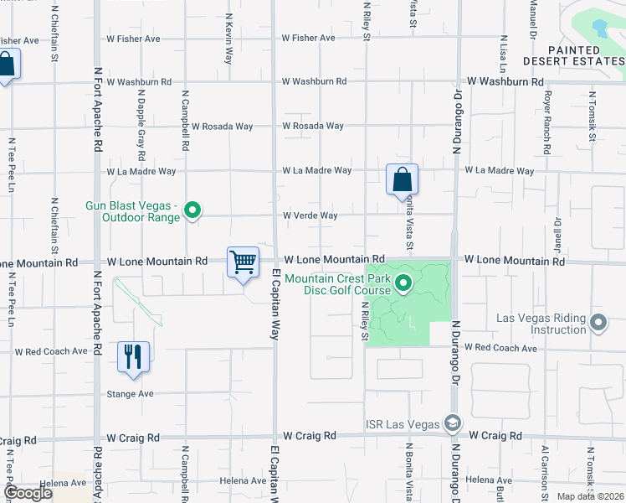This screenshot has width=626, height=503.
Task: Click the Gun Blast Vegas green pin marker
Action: pos(192,210)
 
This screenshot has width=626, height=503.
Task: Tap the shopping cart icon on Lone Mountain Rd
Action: pos(244,262)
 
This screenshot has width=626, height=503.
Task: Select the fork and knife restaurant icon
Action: pos(133,356)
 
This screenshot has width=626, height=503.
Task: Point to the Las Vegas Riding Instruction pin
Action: pos(598,323)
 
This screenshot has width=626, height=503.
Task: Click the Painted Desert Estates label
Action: pos(573,54)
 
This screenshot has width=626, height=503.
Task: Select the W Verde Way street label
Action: pos(310,215)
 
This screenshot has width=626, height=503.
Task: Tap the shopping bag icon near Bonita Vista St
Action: pos(402,179)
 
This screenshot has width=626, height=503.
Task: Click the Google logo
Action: pos(28,494)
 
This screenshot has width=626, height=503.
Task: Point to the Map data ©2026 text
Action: pos(589,496)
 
